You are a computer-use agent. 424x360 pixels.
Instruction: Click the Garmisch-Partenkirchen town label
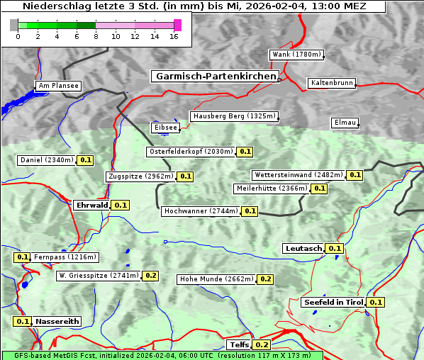click(214, 76)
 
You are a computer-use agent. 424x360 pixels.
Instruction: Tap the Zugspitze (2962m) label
click(140, 176)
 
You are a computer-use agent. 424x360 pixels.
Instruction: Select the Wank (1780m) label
click(296, 55)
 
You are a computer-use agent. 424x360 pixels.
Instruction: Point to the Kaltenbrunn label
click(331, 83)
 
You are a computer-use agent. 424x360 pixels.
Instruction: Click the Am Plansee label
click(58, 86)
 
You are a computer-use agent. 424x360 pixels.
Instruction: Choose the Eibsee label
click(165, 128)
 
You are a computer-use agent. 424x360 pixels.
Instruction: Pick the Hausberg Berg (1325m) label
click(233, 116)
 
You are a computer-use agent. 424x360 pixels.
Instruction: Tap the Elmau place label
click(345, 123)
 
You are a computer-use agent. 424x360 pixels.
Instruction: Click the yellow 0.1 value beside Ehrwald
click(121, 205)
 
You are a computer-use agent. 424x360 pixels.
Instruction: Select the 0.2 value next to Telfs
click(262, 344)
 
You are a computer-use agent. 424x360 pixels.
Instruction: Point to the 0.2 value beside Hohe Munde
click(265, 279)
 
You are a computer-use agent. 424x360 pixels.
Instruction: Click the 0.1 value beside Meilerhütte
click(319, 189)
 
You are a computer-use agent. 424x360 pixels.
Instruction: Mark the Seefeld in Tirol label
click(333, 302)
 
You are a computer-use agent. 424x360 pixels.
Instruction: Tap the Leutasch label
click(303, 248)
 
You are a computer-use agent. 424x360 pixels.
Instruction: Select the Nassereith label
click(57, 321)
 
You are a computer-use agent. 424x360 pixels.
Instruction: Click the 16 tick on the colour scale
click(174, 35)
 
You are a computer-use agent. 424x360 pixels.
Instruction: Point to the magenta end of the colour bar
click(177, 25)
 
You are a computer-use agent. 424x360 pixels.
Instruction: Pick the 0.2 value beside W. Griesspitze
click(150, 275)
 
